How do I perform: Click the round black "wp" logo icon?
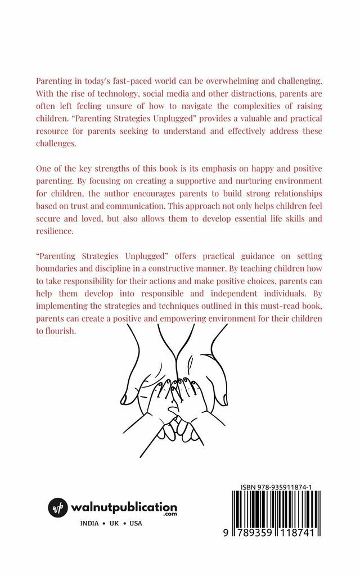(x=58, y=507)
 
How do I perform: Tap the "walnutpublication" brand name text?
(x=124, y=506)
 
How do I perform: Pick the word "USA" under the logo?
(x=136, y=523)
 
